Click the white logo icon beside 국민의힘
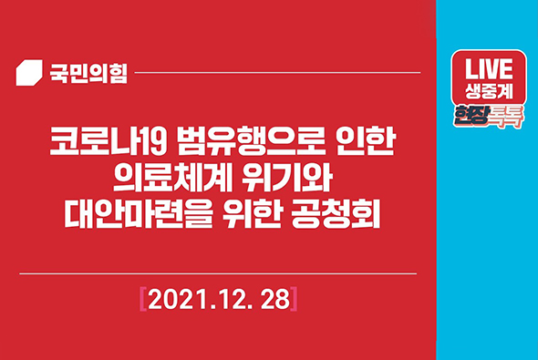tap(30, 72)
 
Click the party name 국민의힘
tap(88, 72)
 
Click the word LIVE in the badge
tap(490, 71)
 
